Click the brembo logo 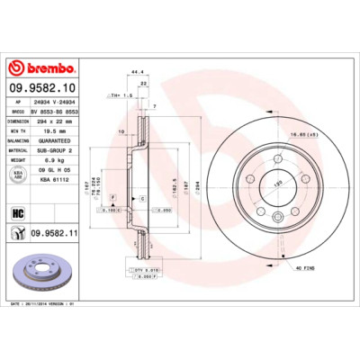coord(33,67)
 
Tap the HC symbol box coord(17,212)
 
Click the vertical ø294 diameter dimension coord(197,191)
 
